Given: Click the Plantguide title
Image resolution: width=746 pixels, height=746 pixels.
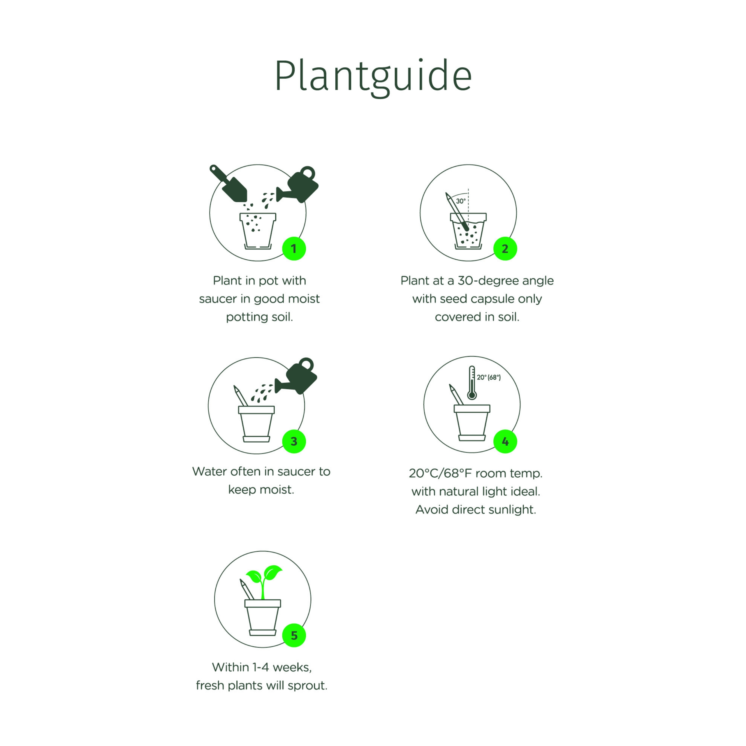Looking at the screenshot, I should (373, 76).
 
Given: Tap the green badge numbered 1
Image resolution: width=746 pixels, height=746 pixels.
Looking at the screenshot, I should (294, 249).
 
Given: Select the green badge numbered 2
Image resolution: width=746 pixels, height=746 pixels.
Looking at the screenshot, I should (505, 249).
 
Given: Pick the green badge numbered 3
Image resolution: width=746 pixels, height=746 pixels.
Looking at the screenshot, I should (294, 441).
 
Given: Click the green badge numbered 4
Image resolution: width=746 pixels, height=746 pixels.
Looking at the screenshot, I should (505, 441).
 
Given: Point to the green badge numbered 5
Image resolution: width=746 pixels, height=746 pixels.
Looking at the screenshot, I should (294, 635).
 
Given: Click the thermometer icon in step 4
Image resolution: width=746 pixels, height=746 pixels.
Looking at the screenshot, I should (471, 383).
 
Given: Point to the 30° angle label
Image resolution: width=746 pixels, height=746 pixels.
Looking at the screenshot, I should (461, 201).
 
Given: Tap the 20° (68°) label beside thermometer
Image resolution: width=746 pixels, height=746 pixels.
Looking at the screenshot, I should (488, 377).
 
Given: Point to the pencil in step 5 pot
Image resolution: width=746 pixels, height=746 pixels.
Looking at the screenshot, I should (246, 589).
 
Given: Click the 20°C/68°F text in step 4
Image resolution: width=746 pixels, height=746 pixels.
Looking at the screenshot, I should (441, 474).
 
